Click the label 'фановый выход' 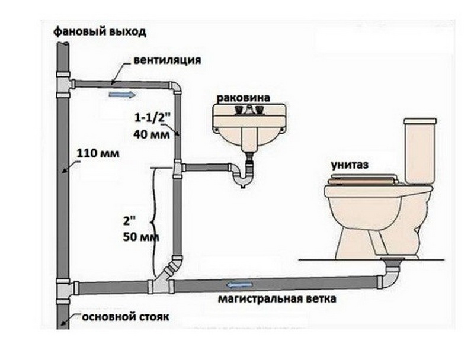(x=100, y=31)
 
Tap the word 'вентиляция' (x=167, y=60)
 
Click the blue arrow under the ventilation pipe (x=122, y=95)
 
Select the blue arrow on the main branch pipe (x=239, y=284)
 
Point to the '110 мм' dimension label (x=98, y=153)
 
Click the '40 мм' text (x=152, y=134)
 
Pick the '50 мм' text (x=141, y=236)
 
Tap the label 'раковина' (x=244, y=98)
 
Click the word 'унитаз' (x=350, y=165)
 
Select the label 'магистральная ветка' (x=277, y=298)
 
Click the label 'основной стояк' (x=126, y=317)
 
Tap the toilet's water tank (x=420, y=150)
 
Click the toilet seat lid (x=363, y=179)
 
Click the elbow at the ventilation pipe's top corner (x=175, y=88)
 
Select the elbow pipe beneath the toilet (x=390, y=275)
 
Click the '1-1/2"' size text (x=151, y=118)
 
